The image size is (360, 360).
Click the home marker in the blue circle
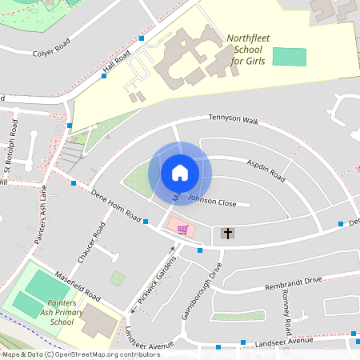(x=180, y=171)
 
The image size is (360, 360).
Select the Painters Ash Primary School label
(x=62, y=312)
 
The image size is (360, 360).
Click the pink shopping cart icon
(x=182, y=229)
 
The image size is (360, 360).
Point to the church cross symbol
(x=228, y=234)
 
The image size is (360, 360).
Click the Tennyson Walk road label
(x=234, y=119)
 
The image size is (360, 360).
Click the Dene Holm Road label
(x=116, y=206)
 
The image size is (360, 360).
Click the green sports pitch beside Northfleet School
(x=289, y=57)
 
